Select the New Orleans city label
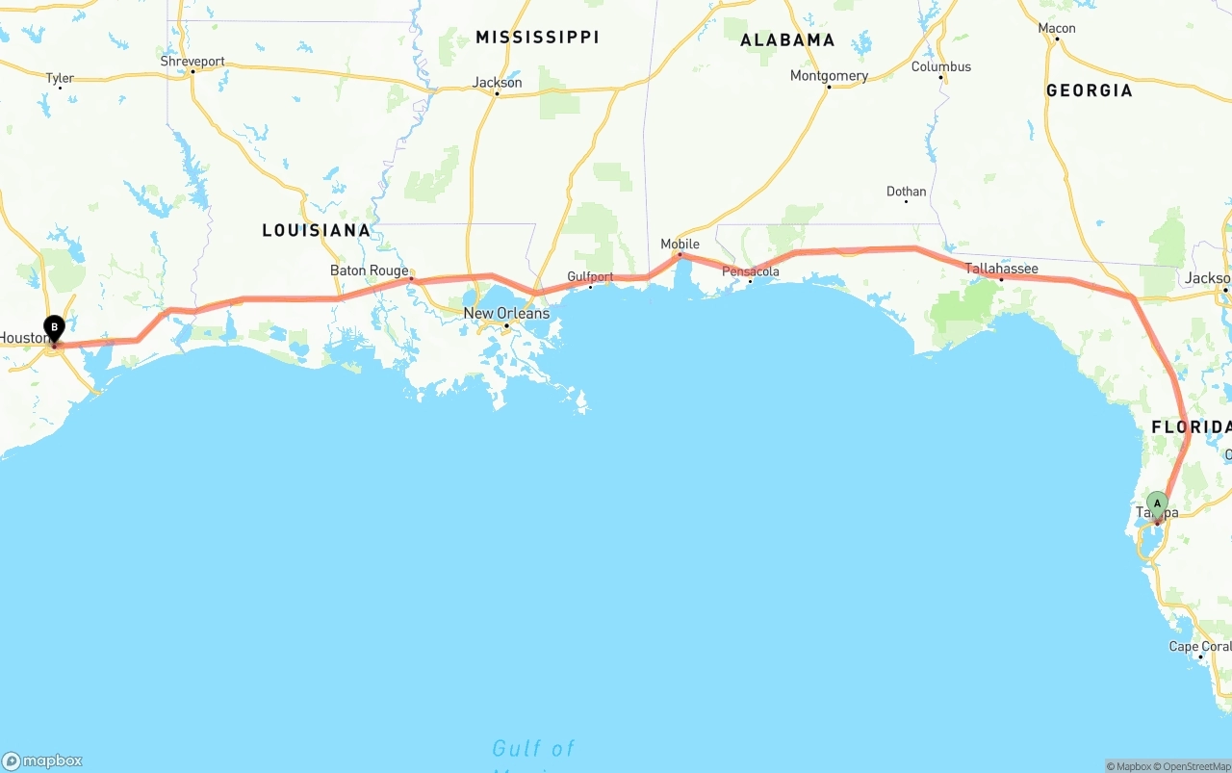click(506, 313)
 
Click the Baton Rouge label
click(370, 271)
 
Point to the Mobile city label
click(680, 244)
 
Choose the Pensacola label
click(751, 271)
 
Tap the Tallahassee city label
click(1002, 268)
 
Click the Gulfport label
click(590, 276)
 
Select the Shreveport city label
click(192, 61)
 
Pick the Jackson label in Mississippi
click(497, 82)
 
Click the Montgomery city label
click(829, 75)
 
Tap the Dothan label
click(906, 191)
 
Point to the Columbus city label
click(941, 66)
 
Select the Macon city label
click(1057, 28)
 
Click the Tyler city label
click(60, 78)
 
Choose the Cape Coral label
click(1199, 646)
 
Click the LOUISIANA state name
click(317, 230)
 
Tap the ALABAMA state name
click(787, 40)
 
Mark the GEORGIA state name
click(1090, 90)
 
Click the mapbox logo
click(42, 760)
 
